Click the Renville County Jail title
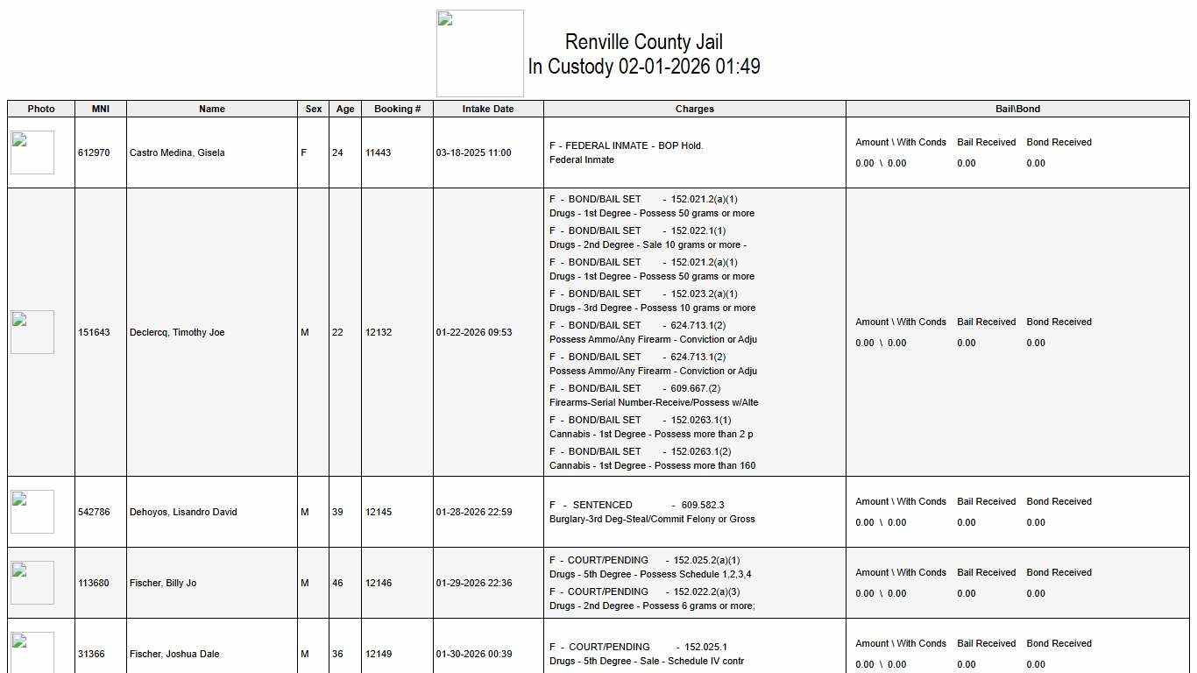(x=643, y=42)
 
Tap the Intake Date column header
(x=488, y=109)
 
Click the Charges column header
(x=694, y=109)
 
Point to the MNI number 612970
(x=94, y=152)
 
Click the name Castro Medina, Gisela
(x=177, y=152)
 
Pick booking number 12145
(x=379, y=512)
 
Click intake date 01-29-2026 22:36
(x=474, y=583)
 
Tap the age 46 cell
(x=337, y=583)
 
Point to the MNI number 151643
(x=94, y=332)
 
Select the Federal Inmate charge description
(x=582, y=159)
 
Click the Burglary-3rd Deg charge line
(x=652, y=519)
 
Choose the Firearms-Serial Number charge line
(x=654, y=402)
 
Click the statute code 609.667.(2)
(x=696, y=388)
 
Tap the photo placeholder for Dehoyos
(x=32, y=512)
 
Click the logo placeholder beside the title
(x=480, y=53)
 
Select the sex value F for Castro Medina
(x=304, y=152)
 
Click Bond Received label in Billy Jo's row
(x=1059, y=572)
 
